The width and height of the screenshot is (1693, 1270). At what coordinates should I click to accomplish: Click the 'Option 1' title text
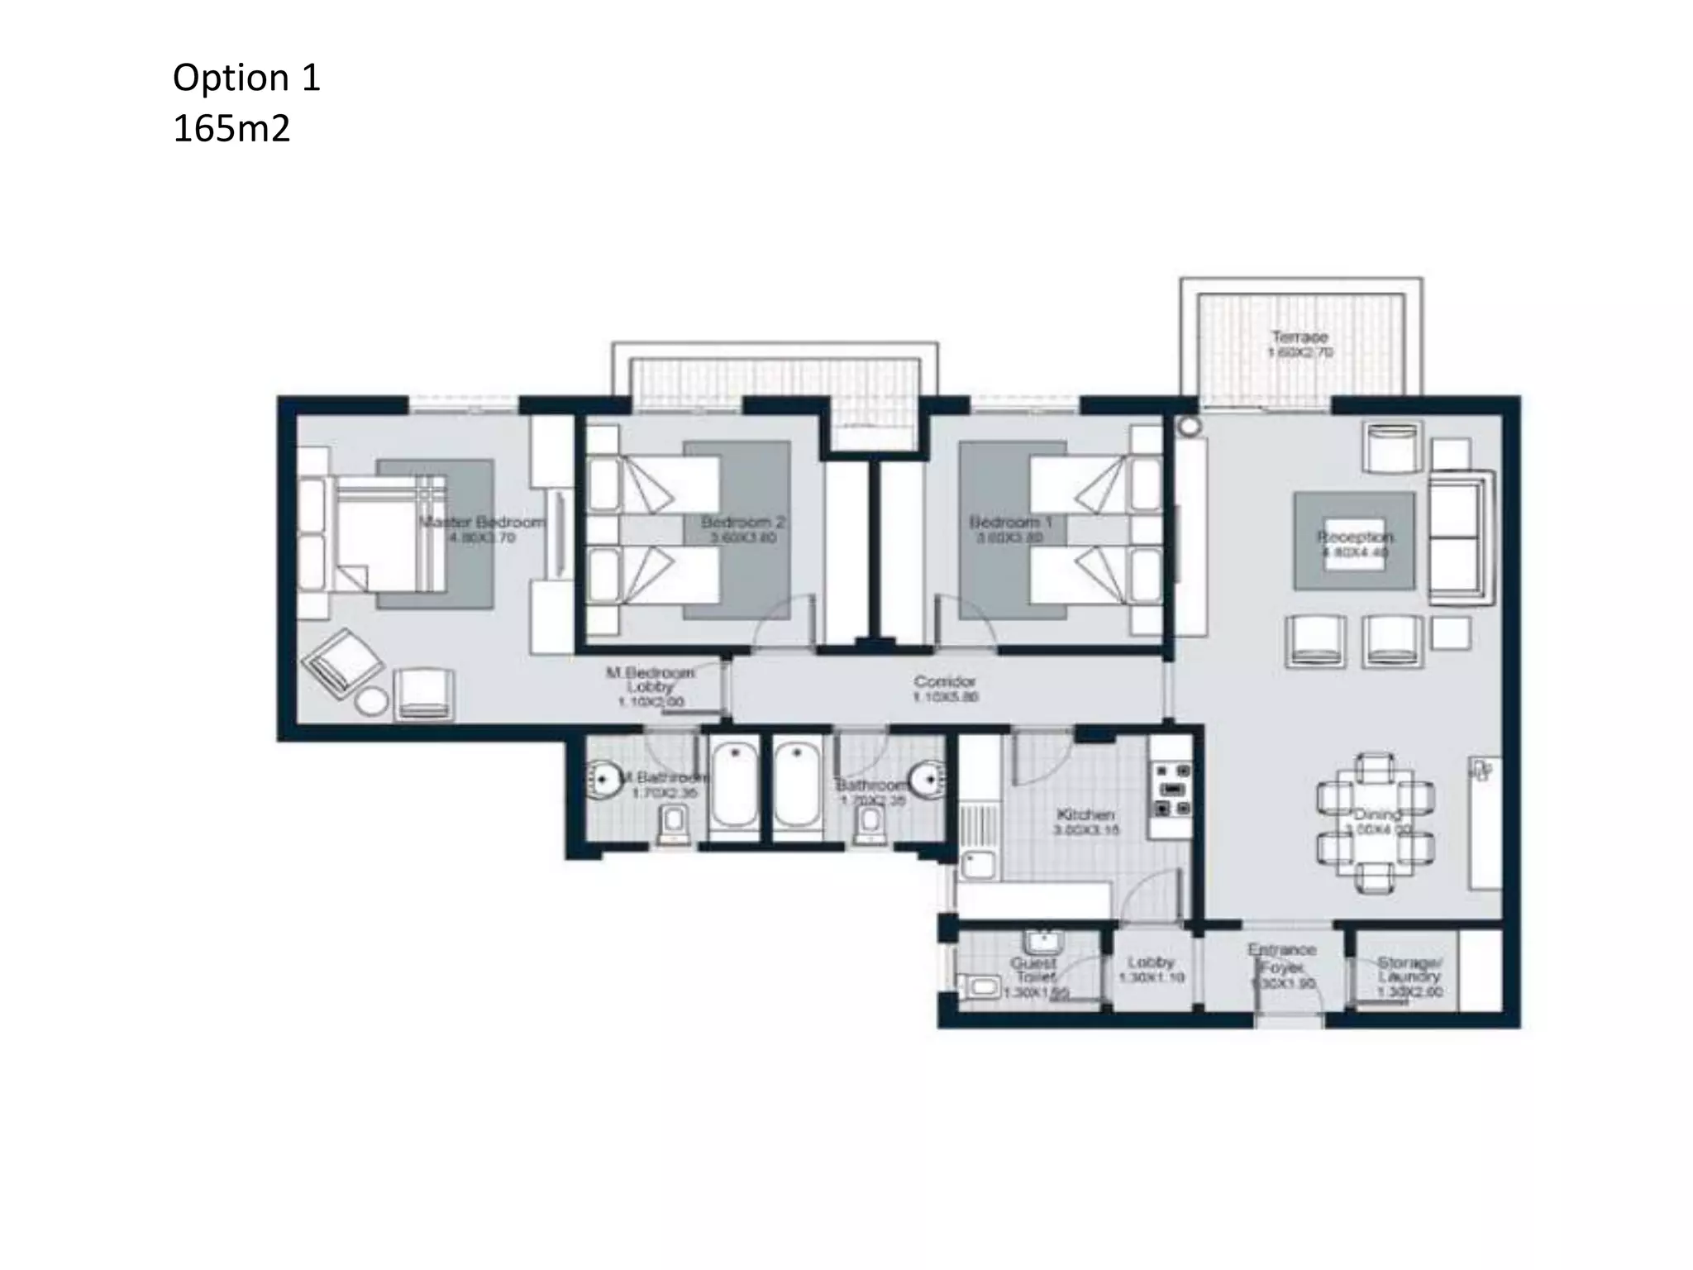[246, 78]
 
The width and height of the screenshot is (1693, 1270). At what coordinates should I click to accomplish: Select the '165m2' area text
[231, 130]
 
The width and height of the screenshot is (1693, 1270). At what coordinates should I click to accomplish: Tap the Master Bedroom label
[482, 523]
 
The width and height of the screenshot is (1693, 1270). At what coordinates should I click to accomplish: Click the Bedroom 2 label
[742, 523]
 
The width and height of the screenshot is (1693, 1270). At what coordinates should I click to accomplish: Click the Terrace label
[1300, 337]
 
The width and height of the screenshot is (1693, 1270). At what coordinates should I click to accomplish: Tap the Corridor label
[945, 682]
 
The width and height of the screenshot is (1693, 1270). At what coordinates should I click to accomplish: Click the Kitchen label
[1085, 815]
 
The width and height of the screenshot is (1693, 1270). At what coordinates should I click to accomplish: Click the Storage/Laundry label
[1409, 970]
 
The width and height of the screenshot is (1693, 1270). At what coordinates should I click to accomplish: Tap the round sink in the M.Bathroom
[604, 779]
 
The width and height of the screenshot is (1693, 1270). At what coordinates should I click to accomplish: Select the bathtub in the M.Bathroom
[734, 785]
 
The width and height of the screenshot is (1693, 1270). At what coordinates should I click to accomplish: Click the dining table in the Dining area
[1376, 822]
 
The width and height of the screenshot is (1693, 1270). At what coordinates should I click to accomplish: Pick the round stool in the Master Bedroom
[371, 701]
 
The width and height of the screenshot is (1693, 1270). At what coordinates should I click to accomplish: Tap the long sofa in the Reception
[1460, 537]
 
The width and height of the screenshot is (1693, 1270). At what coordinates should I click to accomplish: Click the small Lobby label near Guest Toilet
[1151, 962]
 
